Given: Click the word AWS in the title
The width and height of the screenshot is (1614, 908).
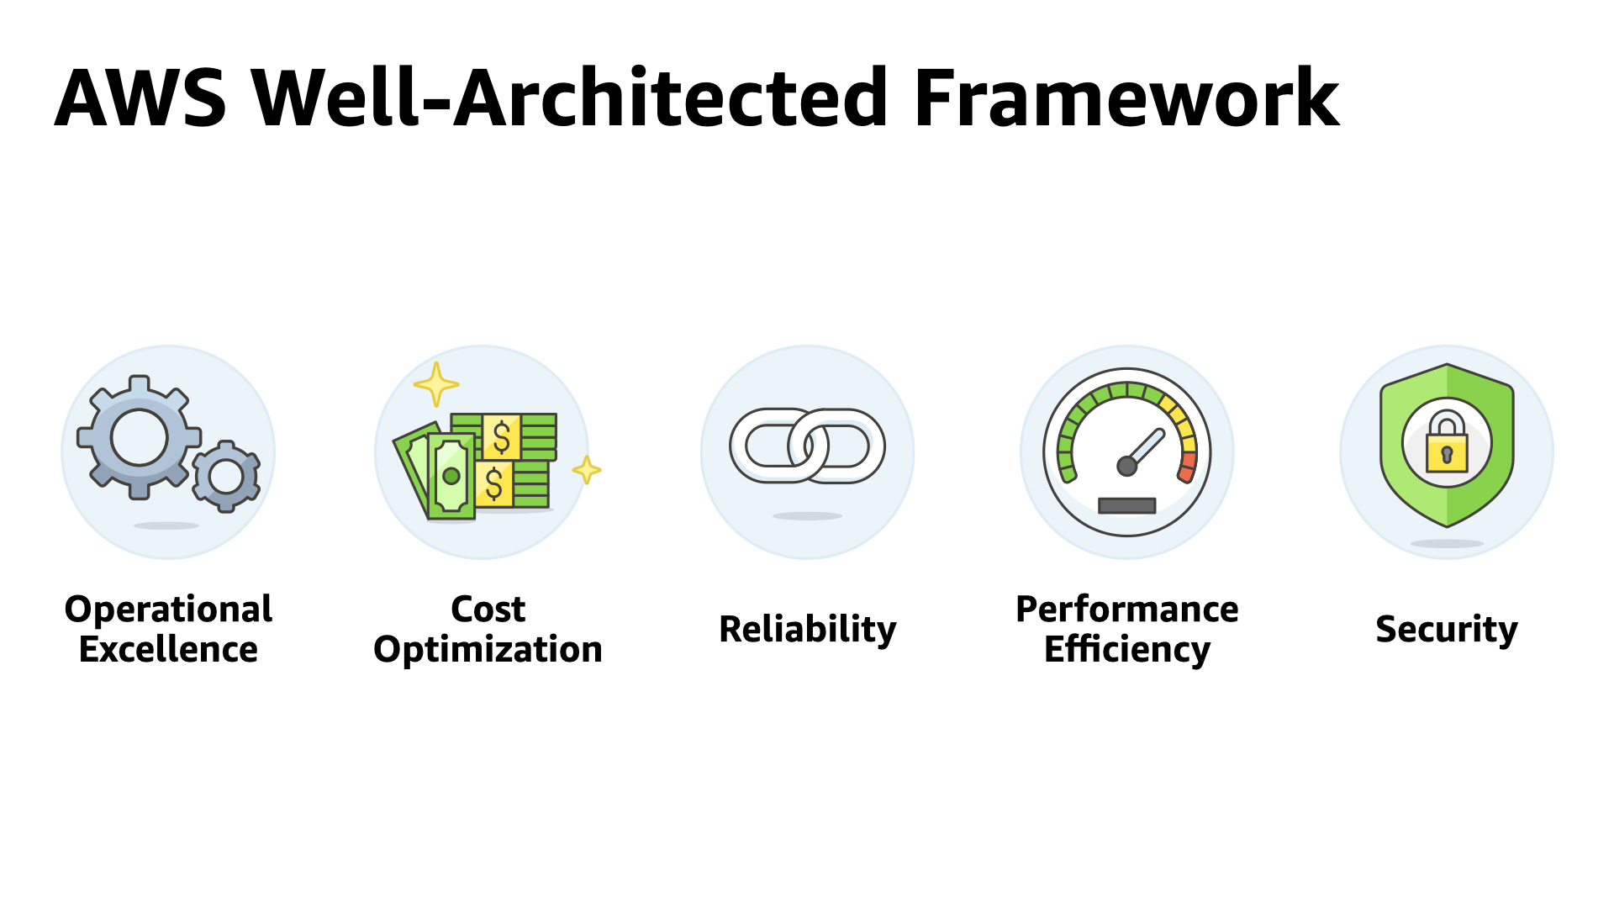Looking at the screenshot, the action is point(140,98).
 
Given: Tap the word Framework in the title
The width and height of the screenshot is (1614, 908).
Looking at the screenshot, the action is point(1126,98).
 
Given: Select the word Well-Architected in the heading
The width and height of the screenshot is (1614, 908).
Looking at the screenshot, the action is point(570,98).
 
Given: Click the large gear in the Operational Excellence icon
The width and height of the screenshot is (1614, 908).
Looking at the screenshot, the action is point(140,437).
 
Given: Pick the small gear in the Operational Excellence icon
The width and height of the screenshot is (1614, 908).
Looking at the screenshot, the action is point(226,476).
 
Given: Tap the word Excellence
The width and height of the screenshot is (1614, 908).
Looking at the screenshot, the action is point(168,649).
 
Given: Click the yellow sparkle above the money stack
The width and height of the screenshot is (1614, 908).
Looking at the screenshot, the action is point(436,385).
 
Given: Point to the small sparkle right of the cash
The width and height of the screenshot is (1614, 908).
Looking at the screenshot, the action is point(587,470).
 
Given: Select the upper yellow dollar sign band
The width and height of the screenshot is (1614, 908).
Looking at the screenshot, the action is point(502,437).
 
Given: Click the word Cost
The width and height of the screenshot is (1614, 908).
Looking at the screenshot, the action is point(488,609).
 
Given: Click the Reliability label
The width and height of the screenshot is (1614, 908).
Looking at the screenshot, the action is point(807,629).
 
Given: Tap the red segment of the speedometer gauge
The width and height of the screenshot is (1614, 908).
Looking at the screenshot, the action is point(1187,467).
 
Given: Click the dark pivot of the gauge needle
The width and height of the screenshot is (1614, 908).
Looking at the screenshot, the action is point(1127,466).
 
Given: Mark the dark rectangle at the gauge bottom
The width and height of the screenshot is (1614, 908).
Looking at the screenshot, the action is point(1127,505).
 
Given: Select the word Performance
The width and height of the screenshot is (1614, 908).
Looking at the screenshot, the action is point(1127,609).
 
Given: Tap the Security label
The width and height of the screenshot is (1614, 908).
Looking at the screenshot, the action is point(1447,629).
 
